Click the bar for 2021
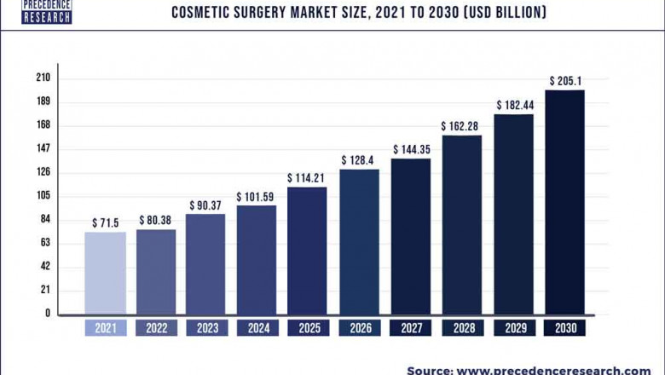click(x=105, y=273)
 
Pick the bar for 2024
click(x=257, y=259)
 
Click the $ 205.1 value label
click(x=564, y=82)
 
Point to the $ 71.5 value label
click(x=105, y=222)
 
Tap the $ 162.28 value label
click(x=461, y=126)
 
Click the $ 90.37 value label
click(x=205, y=205)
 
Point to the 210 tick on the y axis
click(x=43, y=78)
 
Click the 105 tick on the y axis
click(x=43, y=196)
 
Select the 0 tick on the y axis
click(x=48, y=314)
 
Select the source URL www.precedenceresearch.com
click(x=552, y=370)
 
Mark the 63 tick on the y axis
click(x=45, y=243)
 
